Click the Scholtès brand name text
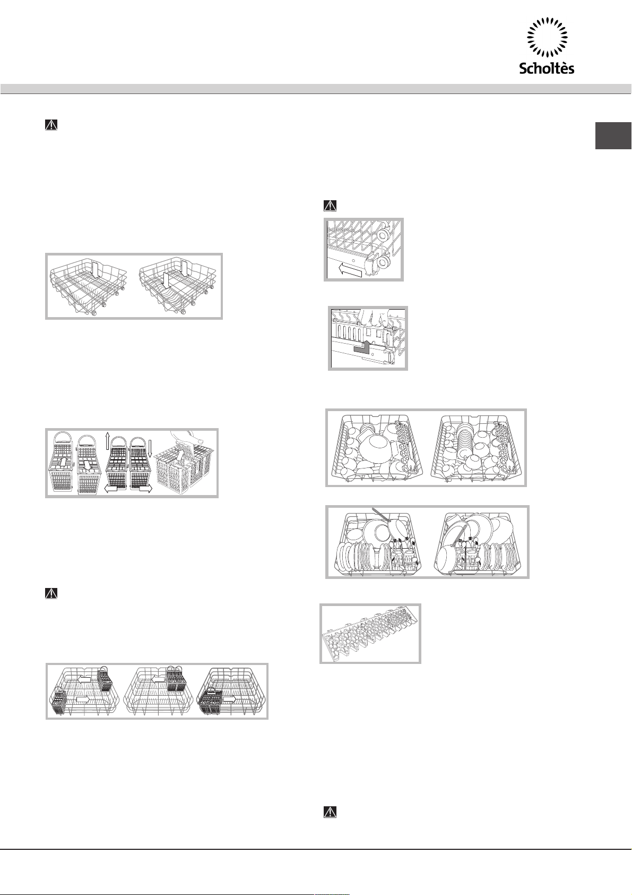tap(547, 68)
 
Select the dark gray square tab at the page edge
tap(613, 135)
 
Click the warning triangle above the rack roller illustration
tap(330, 206)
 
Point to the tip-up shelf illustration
tap(370, 634)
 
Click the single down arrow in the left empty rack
tap(94, 270)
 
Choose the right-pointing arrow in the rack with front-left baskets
tap(229, 698)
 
